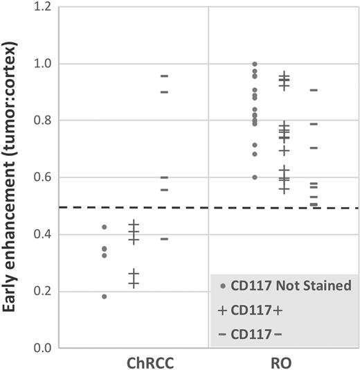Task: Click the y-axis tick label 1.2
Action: pyautogui.click(x=45, y=7)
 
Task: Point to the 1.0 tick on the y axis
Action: pyautogui.click(x=45, y=64)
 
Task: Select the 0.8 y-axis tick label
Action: pyautogui.click(x=45, y=121)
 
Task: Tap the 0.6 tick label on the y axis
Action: pyautogui.click(x=45, y=177)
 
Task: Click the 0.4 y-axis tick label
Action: pyautogui.click(x=45, y=234)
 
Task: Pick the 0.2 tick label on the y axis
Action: pyautogui.click(x=45, y=291)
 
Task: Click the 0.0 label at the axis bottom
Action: pyautogui.click(x=45, y=348)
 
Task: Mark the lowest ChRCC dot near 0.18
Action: pyautogui.click(x=105, y=297)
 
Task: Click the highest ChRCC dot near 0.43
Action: pyautogui.click(x=105, y=227)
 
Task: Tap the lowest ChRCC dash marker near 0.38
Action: pyautogui.click(x=164, y=238)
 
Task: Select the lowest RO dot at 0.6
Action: pyautogui.click(x=255, y=177)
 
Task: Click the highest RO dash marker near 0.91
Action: pyautogui.click(x=314, y=90)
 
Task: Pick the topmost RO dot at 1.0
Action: pyautogui.click(x=255, y=64)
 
